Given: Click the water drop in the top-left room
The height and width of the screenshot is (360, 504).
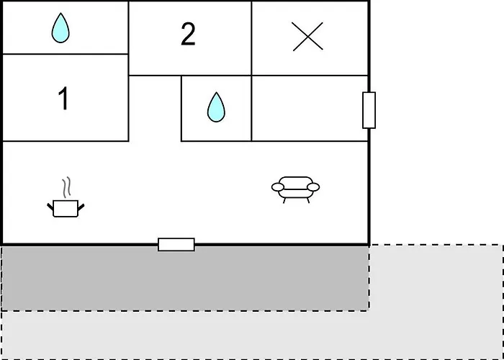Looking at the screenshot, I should click(x=61, y=29).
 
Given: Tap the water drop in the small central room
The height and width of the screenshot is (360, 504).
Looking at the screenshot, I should click(x=215, y=107).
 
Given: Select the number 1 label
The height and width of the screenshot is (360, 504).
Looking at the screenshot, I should click(x=63, y=99).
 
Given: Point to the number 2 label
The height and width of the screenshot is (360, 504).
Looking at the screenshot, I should click(x=188, y=35).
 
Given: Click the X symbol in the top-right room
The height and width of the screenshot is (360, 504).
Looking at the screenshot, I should click(x=307, y=36).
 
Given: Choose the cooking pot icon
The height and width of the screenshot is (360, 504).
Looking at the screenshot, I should click(x=66, y=208).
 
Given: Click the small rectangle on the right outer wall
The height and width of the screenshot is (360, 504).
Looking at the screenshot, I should click(x=369, y=110).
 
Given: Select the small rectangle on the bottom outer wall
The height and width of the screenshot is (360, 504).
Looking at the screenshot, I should click(x=176, y=245).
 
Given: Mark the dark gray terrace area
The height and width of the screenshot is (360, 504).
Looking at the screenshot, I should click(x=184, y=278).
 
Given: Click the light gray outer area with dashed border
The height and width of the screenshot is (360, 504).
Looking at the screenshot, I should click(x=432, y=302).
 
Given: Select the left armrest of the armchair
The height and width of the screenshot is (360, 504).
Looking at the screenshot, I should click(x=277, y=187).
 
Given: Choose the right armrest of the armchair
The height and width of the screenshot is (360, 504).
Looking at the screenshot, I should click(x=313, y=187).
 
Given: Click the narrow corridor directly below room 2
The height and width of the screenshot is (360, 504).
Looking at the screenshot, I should click(x=155, y=108).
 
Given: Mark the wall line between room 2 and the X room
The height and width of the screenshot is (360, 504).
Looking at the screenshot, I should click(x=251, y=37).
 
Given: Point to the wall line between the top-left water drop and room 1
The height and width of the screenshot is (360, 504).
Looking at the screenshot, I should click(x=65, y=54).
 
